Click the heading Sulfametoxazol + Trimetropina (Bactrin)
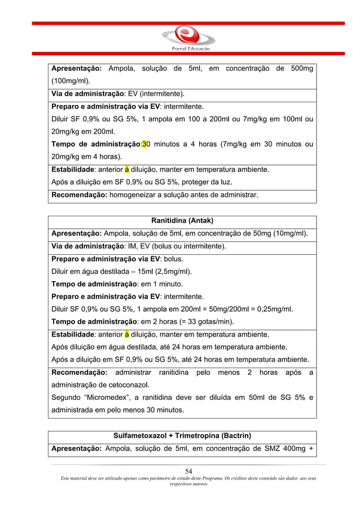click(x=182, y=436)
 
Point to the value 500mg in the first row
click(x=302, y=69)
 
